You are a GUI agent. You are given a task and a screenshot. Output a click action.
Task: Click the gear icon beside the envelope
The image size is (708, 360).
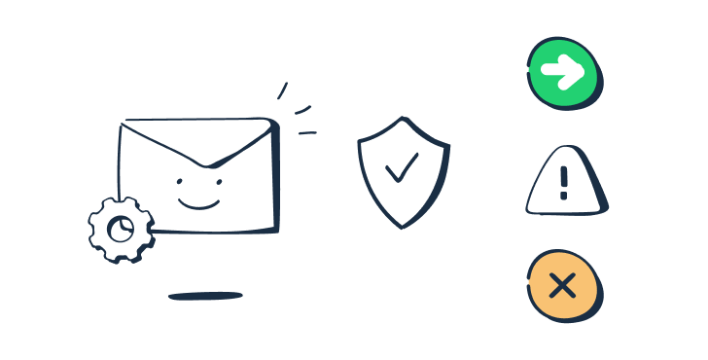pos(122,230)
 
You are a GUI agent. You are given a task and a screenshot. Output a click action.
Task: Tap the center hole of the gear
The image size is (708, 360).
pos(122,230)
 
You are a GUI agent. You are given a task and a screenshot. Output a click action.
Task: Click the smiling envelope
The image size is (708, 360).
pos(198,175)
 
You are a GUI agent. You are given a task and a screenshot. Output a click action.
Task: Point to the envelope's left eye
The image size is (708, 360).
pos(178,182)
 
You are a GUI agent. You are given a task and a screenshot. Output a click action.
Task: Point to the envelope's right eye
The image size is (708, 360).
pos(218,180)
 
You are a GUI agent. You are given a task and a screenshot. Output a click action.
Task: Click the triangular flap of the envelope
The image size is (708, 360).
pos(198,142)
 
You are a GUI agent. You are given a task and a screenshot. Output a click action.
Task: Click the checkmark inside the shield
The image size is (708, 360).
pos(401,171)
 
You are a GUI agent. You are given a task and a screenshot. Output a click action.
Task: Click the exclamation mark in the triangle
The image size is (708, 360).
pos(564,182)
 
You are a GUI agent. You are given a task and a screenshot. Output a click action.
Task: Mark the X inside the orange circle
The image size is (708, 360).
pos(561,284)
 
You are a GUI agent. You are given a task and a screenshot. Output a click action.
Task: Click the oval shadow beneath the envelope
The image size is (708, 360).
pos(205,295)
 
